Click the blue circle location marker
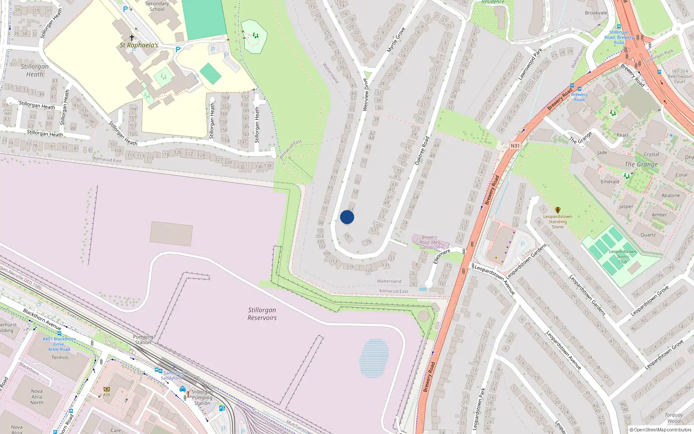pos(347,217)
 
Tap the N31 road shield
pos(515,146)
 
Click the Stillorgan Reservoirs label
pos(262,314)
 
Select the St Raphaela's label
pos(139,45)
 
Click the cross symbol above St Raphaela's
pos(132,38)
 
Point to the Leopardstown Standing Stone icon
pos(558,210)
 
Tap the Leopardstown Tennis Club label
pos(622,256)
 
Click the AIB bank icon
pos(107,389)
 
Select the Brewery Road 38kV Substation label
pos(429,242)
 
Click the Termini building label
pos(60,358)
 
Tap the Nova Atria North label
pos(37,397)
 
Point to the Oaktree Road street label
pos(422,151)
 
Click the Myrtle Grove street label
pos(396,40)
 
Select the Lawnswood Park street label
pos(530,64)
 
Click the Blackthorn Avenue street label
pos(42,319)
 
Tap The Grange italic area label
pos(641,164)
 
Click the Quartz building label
pos(648,235)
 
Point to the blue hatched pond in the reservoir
pos(374,358)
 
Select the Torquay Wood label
pos(674,418)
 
